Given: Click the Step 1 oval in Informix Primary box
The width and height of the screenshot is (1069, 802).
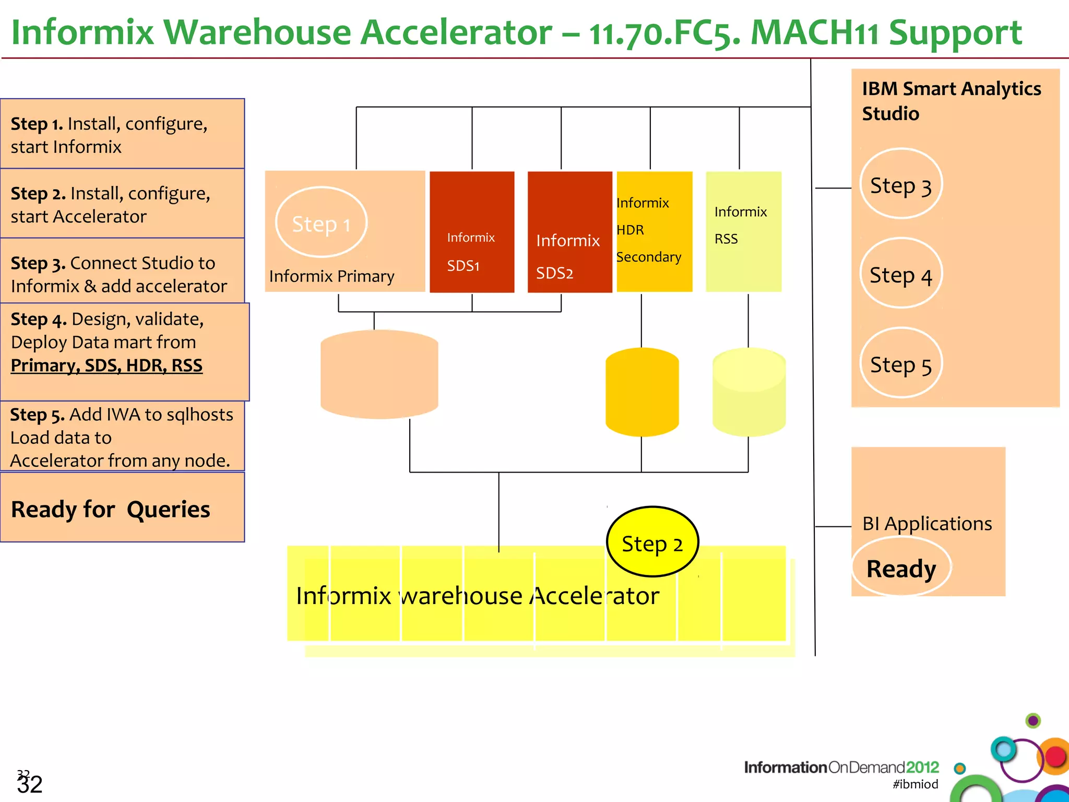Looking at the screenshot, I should pos(321,222).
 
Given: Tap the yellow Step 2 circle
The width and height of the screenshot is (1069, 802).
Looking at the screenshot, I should pos(652,542).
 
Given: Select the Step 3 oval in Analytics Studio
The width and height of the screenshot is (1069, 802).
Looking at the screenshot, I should pos(900,184).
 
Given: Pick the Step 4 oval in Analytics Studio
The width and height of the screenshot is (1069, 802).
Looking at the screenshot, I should pos(900,274).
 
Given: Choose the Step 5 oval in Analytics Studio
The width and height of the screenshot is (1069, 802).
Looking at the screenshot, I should pos(900,363).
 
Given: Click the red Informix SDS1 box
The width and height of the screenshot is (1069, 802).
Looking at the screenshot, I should pos(471,232).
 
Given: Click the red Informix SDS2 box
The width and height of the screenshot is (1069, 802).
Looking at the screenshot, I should pos(569,232).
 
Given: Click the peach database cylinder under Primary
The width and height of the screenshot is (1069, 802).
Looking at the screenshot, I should pos(379,374).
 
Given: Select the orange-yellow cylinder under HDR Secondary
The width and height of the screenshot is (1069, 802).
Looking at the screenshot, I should pos(642,392).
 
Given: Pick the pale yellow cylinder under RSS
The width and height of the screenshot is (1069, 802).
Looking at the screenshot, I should pos(749,392).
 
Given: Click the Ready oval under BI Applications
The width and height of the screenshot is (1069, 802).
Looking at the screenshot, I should pos(901,568).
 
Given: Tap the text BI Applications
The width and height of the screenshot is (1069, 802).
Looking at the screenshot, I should pos(927,523).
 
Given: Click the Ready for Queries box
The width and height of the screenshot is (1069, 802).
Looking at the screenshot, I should pos(122,508).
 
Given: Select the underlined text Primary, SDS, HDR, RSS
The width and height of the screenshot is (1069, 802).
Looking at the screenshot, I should pos(106,365).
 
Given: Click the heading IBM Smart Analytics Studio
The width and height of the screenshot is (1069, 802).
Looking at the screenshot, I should pos(951,101).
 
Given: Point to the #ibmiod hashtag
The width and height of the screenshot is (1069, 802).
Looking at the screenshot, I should pos(915,784).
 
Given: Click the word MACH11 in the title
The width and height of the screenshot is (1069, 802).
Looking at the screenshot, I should pos(814,32).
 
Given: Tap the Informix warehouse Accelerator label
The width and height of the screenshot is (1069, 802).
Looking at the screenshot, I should pos(477,596).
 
